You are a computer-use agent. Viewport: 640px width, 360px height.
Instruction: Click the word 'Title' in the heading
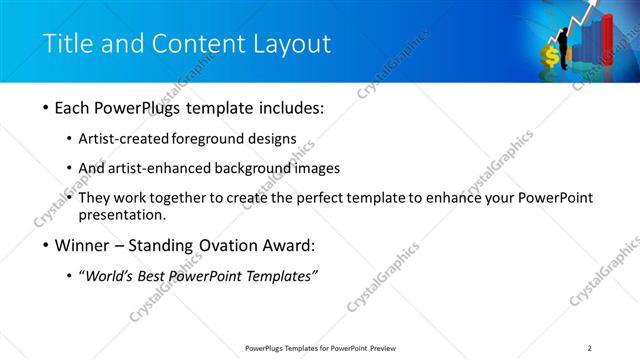[67, 43]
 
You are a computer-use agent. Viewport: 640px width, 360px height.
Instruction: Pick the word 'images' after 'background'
[317, 168]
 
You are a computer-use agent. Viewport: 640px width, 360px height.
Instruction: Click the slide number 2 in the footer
[589, 348]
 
